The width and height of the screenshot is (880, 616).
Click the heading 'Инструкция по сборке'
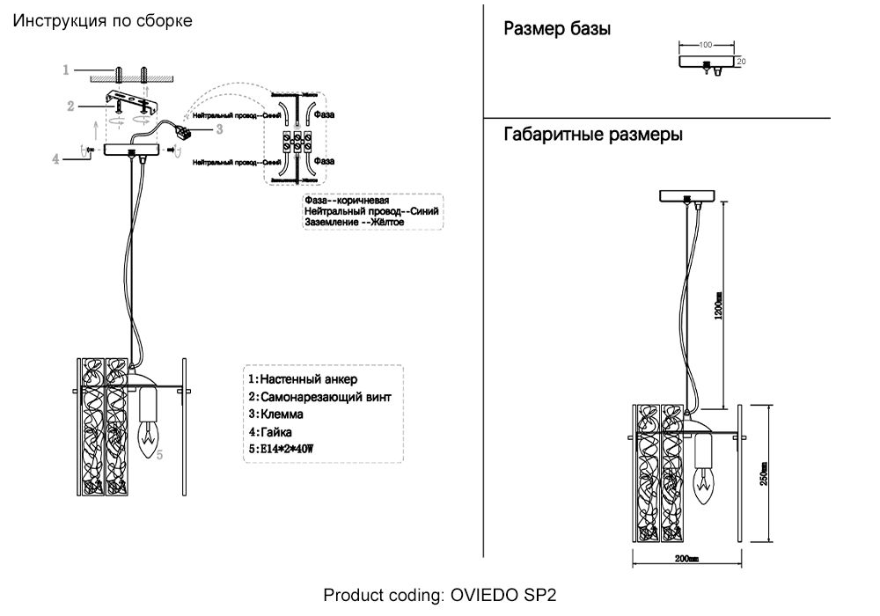tap(102, 20)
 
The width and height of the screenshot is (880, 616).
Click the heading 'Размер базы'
tap(557, 30)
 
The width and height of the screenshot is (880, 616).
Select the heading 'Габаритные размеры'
tap(593, 136)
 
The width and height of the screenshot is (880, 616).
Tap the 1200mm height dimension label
tap(718, 305)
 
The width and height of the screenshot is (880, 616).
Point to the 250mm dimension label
tap(765, 474)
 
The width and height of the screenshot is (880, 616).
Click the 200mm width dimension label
tap(686, 559)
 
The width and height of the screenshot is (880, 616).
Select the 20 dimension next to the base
tap(741, 62)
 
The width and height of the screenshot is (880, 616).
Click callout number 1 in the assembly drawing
tap(66, 70)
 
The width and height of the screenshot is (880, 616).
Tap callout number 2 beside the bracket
tap(70, 106)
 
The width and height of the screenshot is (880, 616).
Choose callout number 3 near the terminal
tap(219, 129)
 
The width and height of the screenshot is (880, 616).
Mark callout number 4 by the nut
tap(55, 159)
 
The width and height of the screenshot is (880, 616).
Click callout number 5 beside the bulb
tap(159, 455)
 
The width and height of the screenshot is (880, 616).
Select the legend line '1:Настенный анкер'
tap(303, 379)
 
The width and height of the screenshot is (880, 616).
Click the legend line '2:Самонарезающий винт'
tap(319, 397)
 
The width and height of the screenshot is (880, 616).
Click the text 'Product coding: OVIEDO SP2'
tap(440, 595)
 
